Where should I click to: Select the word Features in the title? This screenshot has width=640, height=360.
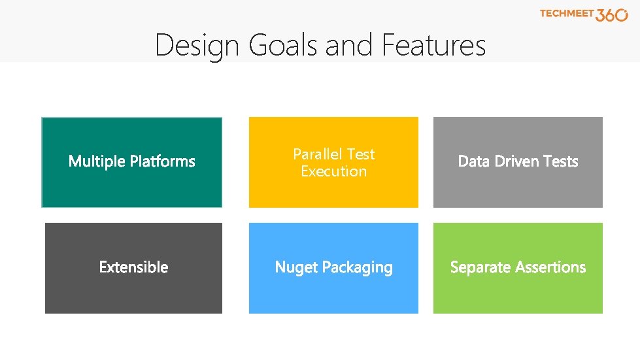434,46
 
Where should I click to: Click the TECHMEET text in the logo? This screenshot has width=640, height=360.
566,14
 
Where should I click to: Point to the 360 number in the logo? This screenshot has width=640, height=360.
612,15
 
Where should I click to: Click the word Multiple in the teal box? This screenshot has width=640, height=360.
97,161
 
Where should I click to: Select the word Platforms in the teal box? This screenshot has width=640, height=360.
162,161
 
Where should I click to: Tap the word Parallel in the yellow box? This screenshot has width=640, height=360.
318,154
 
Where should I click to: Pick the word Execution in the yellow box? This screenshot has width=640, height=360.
333,171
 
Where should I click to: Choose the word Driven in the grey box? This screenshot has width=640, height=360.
518,161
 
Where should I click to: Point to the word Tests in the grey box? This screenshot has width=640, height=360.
563,161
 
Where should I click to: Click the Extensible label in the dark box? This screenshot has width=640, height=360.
133,267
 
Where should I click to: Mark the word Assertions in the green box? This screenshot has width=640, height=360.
550,267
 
